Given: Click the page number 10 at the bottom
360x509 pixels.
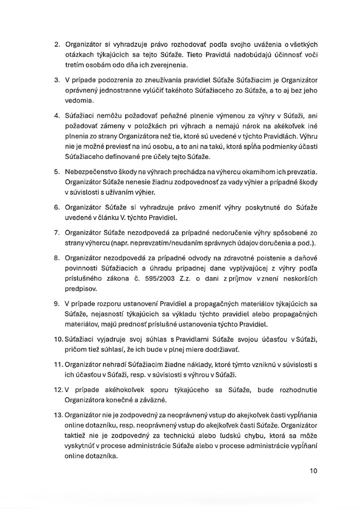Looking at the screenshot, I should (312, 471).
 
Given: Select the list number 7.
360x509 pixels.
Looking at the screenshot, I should (56, 233).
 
